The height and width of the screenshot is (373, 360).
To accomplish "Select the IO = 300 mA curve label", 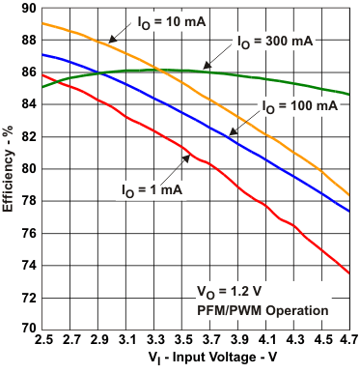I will (275, 42).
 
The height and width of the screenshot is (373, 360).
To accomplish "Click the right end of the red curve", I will (349, 273).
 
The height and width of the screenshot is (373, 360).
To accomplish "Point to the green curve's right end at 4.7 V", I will (349, 95).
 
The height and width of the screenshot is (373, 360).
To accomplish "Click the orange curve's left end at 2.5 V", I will (42, 22).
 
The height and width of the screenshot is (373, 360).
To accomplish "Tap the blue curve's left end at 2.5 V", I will (42, 54).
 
